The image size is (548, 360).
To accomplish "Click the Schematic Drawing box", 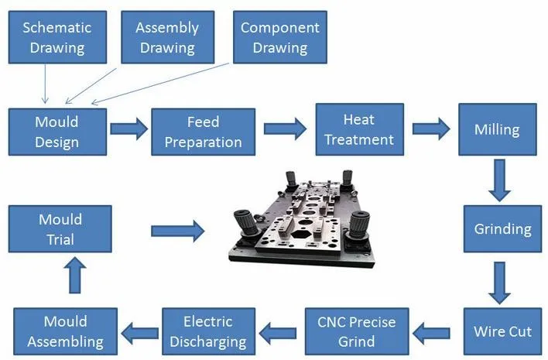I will point(56,38).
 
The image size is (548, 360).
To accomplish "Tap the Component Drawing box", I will point(279,38).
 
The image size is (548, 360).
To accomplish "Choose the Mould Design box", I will point(57,132).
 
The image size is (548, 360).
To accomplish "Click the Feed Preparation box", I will point(203,132).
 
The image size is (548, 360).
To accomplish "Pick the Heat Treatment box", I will point(358,129).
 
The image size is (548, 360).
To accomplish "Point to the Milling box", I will point(496,129).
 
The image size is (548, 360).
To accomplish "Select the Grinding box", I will point(502,229).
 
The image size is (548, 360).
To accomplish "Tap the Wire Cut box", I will point(502,331).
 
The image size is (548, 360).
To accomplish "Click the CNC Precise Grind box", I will point(357,331).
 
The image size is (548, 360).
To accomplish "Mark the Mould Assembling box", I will point(65,331).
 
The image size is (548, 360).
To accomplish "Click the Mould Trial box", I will point(60,230).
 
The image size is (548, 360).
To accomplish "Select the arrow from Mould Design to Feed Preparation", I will point(128,129).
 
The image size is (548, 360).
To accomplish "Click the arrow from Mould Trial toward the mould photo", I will point(177,230).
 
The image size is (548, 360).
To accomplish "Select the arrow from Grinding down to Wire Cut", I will point(501,282).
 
